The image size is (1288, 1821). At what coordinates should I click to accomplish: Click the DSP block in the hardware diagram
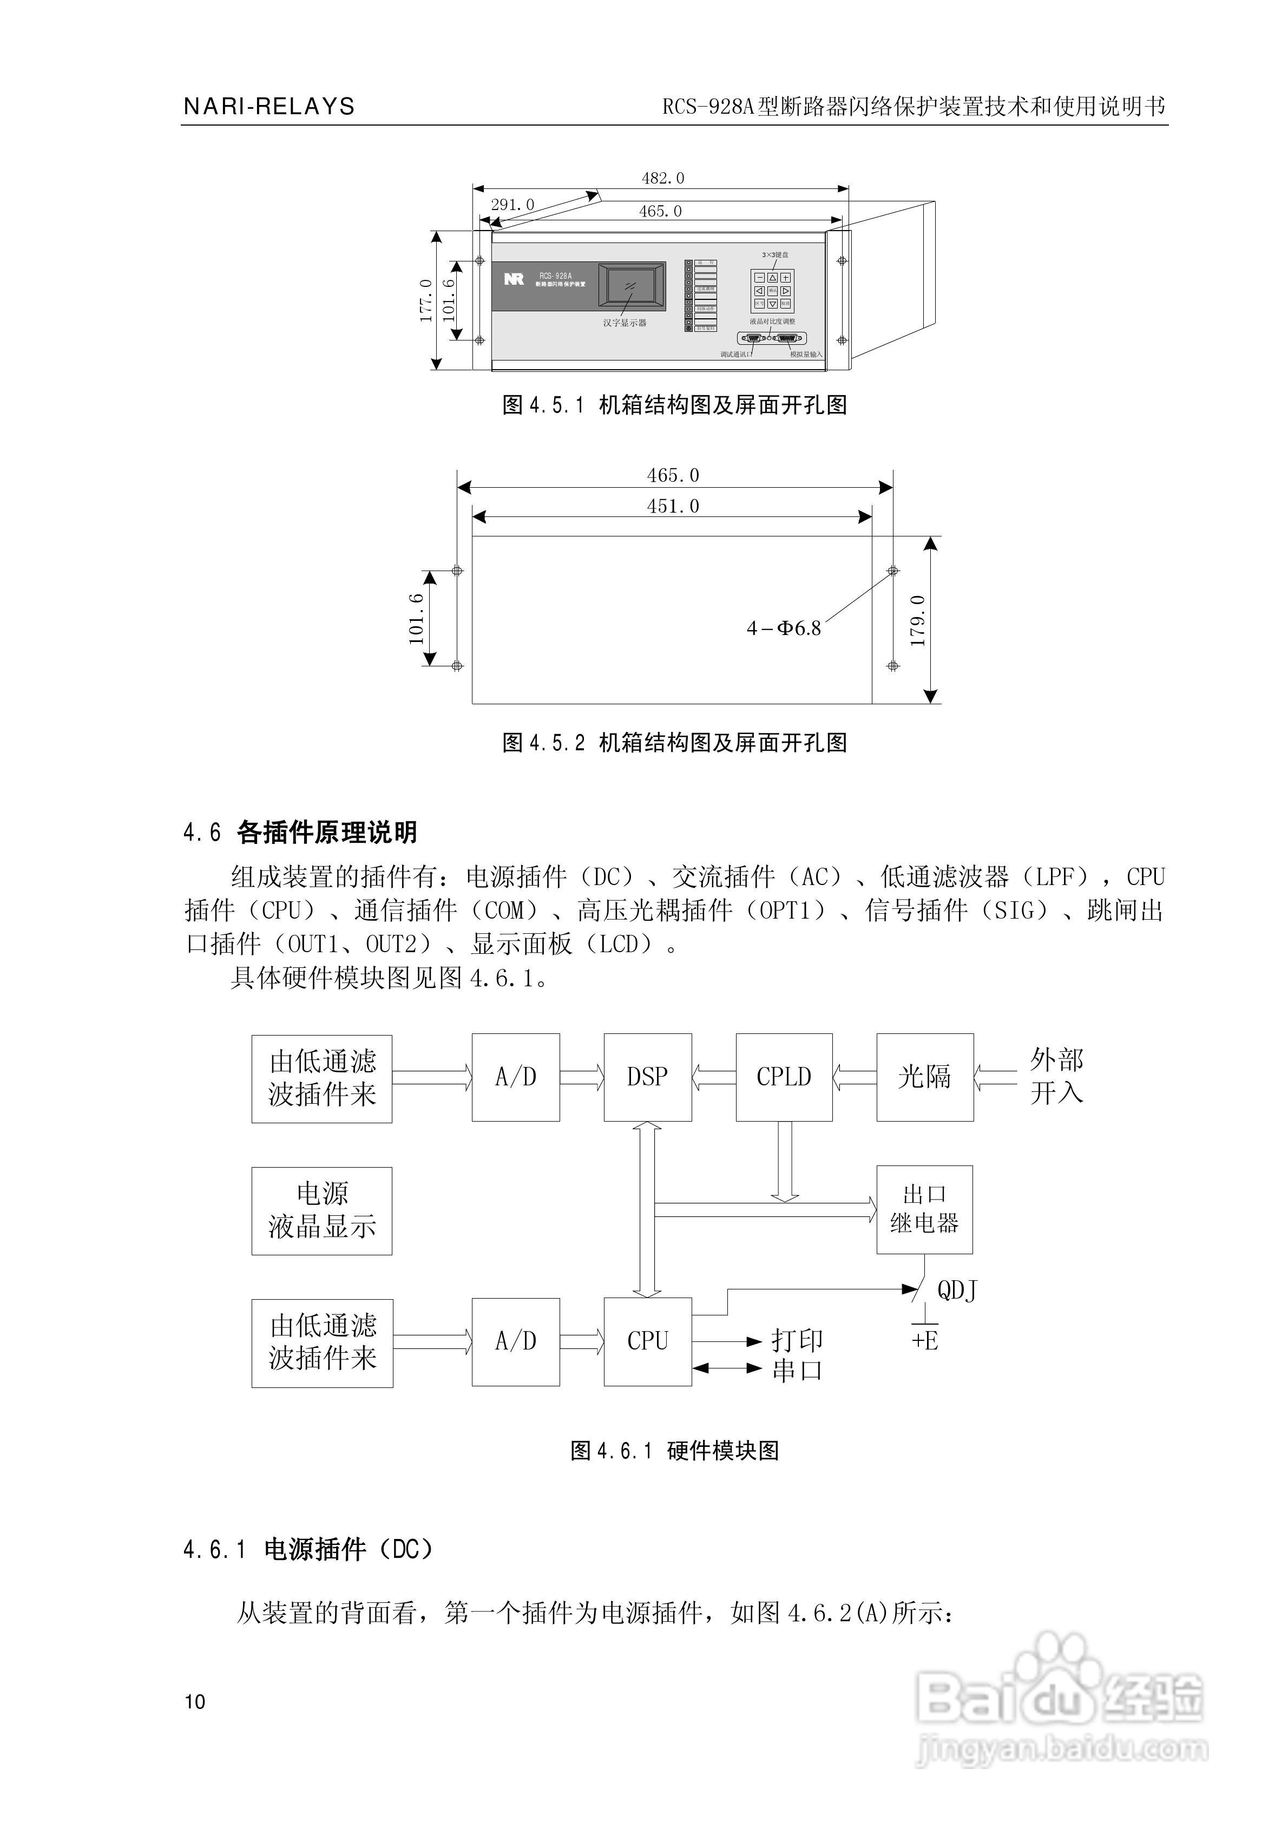coord(647,1077)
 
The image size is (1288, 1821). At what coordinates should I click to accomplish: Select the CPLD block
coord(784,1077)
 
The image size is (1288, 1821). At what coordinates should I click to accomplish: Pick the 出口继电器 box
coord(924,1209)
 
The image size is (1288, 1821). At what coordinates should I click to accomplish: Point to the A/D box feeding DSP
coord(516,1077)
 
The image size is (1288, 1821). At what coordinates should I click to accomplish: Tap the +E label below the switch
coord(925,1340)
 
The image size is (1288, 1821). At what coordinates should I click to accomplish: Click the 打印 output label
coord(797,1340)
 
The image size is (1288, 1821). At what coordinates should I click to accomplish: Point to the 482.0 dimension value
coord(663,179)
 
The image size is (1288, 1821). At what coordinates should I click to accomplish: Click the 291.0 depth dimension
coord(512,205)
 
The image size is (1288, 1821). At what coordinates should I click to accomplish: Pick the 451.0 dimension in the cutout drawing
coord(673,507)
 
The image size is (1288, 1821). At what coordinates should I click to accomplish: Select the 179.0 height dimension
coord(918,621)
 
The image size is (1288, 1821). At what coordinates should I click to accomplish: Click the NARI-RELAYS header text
coord(269,106)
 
